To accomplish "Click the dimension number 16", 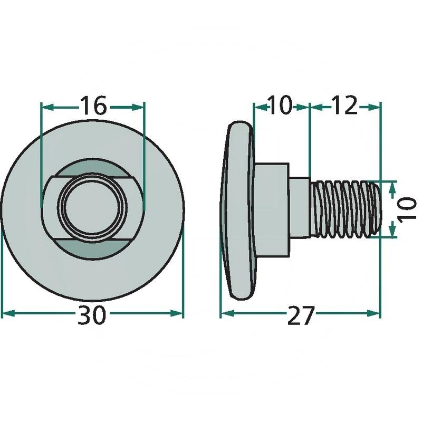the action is (x=93, y=106).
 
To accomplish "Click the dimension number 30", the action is (x=92, y=315).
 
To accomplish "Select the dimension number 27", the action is (x=301, y=315).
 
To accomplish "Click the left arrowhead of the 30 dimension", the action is (x=8, y=313).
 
